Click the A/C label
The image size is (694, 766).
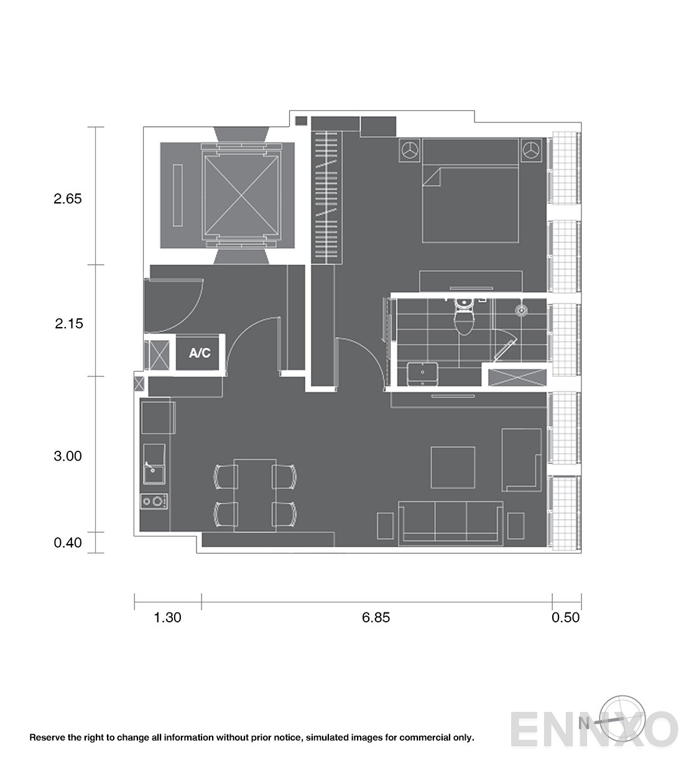pos(200,353)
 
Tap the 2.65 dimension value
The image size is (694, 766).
pos(68,199)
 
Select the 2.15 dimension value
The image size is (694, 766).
pos(69,324)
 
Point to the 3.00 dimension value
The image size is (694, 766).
pos(68,456)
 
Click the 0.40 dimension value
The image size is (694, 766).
pos(68,543)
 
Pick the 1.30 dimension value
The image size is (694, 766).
pos(167,617)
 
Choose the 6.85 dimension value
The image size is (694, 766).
pos(376,617)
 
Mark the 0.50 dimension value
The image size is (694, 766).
pos(566,617)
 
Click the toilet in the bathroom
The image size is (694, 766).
pos(464,316)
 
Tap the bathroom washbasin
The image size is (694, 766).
pos(422,374)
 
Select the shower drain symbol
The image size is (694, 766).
pos(521,310)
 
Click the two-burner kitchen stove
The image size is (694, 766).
pos(154,501)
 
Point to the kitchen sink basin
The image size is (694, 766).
pos(154,474)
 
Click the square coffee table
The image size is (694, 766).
pos(453,468)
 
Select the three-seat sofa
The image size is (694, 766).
pos(451,523)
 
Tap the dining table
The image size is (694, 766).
pos(255,496)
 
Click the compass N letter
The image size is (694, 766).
pos(583,723)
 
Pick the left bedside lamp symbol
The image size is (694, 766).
pos(410,150)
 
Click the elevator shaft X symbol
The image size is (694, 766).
pos(241,195)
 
